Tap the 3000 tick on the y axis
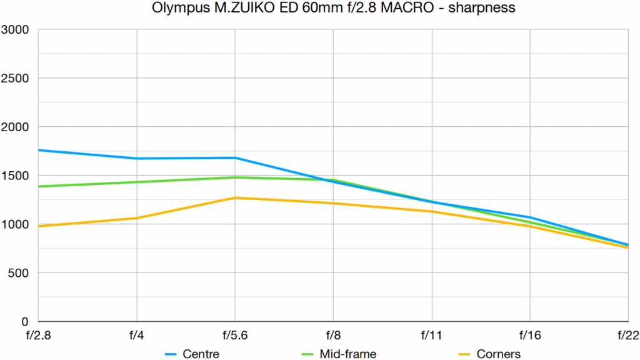click(x=17, y=29)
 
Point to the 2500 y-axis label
click(x=17, y=78)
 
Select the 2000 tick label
click(x=17, y=127)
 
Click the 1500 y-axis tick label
click(x=17, y=176)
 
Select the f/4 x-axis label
click(x=136, y=336)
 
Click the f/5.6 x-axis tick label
click(x=235, y=336)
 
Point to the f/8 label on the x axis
click(x=333, y=336)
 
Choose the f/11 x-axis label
click(x=431, y=336)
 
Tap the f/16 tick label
click(x=530, y=336)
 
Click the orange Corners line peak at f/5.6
click(x=235, y=197)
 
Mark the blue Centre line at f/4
click(x=136, y=158)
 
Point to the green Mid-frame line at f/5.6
click(x=235, y=177)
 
